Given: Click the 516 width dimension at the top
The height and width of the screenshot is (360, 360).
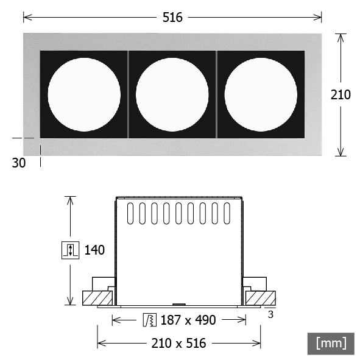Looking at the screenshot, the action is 172,18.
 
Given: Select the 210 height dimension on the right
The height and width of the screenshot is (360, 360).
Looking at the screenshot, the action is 341,94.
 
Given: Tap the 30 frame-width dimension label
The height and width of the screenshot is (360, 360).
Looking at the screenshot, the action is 19,163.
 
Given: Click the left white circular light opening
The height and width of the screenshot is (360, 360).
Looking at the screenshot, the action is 84,94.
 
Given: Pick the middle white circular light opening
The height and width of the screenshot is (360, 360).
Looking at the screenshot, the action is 172,94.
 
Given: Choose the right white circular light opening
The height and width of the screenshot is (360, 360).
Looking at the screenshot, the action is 261,94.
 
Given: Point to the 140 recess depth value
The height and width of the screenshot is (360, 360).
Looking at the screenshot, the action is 94,250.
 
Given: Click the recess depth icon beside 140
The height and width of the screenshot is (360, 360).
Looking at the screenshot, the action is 71,250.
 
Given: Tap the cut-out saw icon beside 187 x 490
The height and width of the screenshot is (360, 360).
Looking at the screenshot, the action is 150,320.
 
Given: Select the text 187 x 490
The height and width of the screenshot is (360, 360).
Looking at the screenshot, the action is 188,320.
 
